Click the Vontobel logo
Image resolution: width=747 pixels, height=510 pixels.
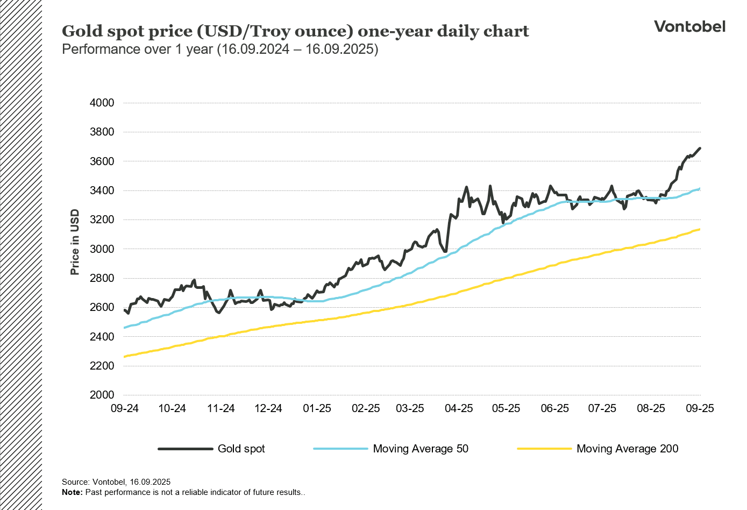(x=689, y=26)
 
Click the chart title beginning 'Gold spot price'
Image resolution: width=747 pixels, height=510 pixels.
(x=295, y=31)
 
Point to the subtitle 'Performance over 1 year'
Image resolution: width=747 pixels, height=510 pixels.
(x=220, y=49)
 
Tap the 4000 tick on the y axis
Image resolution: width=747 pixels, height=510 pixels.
(x=102, y=103)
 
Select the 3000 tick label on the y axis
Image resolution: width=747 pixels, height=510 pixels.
(x=102, y=249)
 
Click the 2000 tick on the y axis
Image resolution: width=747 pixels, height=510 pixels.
(x=102, y=395)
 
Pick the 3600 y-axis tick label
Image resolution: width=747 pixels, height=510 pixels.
(x=102, y=161)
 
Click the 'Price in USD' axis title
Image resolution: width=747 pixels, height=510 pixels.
(x=75, y=242)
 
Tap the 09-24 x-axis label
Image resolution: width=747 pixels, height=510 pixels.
(x=125, y=408)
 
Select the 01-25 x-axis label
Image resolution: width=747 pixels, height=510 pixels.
(x=317, y=408)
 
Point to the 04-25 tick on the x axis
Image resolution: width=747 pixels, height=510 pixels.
(x=459, y=408)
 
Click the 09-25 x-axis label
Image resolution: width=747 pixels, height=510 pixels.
(x=700, y=408)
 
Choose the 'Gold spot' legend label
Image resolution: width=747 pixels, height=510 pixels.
(x=241, y=449)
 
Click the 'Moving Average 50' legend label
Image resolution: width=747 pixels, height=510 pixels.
(x=421, y=449)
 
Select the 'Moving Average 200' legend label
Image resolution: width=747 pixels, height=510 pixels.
(x=627, y=449)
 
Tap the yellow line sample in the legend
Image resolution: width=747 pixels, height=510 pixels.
(x=544, y=449)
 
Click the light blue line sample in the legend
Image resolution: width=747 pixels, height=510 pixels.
(x=340, y=449)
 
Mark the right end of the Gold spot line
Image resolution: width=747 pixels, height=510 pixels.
(x=700, y=148)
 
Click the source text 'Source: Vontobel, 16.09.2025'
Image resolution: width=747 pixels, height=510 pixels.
(x=116, y=482)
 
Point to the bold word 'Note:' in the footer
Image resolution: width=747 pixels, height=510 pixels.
(x=72, y=492)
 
